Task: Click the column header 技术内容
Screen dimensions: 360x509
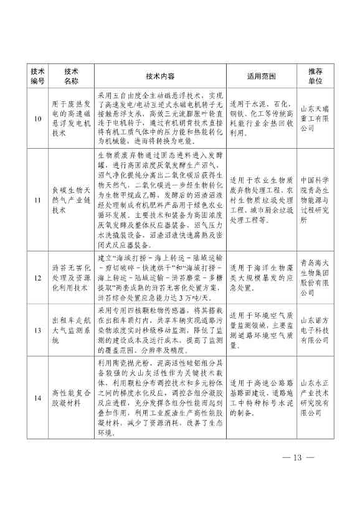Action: [x=160, y=75]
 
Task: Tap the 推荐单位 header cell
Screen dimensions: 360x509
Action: [x=316, y=75]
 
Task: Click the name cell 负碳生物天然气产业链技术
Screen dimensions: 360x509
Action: [x=70, y=200]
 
